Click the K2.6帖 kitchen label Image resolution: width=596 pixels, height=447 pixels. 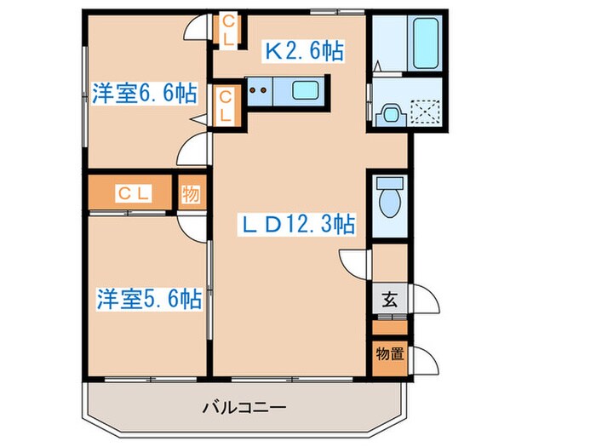(x=304, y=51)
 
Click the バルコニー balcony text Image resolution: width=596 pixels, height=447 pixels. (x=243, y=407)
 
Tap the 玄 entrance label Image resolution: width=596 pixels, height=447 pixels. (x=388, y=299)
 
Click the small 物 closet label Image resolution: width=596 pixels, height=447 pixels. (x=190, y=194)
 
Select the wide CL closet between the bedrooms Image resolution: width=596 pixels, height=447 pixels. (x=131, y=194)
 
